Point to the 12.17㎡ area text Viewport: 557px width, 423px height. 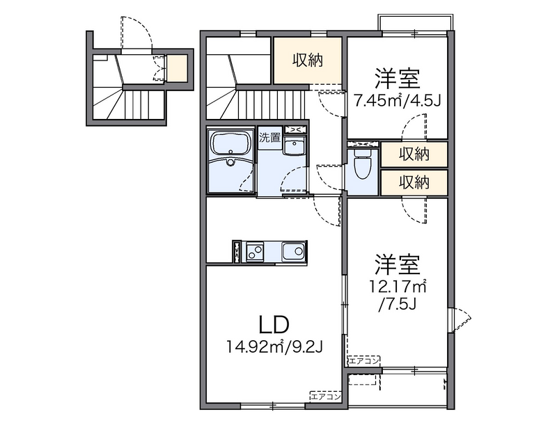(398, 286)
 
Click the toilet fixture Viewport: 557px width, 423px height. (361, 166)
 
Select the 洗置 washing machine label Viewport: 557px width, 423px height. (269, 137)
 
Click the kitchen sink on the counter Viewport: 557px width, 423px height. (293, 250)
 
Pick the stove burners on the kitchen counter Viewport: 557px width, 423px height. (253, 250)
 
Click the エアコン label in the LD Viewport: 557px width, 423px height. (325, 397)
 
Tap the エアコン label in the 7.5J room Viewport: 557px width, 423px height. (364, 360)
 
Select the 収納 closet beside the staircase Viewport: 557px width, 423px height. (307, 61)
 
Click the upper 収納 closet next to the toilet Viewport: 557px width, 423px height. (414, 154)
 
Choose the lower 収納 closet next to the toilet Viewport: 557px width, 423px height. (414, 182)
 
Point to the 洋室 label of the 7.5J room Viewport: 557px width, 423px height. (398, 264)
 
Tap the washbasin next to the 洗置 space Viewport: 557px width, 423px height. (295, 147)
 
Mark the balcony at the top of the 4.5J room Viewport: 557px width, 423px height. (415, 22)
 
